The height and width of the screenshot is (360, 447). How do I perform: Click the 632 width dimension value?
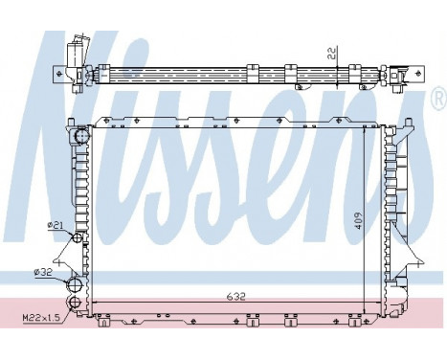click(236, 297)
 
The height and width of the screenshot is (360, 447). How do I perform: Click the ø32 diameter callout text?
click(42, 272)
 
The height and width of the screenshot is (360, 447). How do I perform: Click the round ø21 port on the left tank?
click(77, 226)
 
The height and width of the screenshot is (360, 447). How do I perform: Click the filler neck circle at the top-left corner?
click(80, 138)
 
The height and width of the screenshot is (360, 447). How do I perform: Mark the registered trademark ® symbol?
click(438, 98)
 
